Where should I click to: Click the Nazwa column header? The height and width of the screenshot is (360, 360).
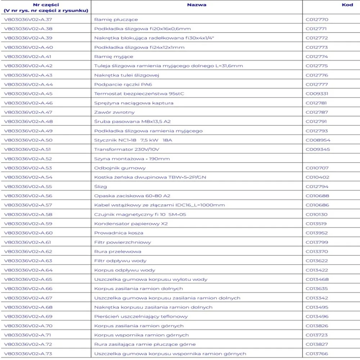pos(197,5)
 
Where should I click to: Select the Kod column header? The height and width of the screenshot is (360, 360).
pos(347,5)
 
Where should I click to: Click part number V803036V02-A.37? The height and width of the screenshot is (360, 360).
pos(28,19)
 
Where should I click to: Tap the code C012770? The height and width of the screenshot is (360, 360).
pos(317,19)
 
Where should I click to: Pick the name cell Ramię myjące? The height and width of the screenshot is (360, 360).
pos(114,57)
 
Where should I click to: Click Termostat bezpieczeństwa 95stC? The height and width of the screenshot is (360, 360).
pos(139,94)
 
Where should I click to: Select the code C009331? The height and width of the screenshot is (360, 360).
pos(317,94)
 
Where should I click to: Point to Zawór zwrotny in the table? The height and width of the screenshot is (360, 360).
pos(114,112)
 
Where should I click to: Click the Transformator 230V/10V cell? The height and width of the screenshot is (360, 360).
pos(127,149)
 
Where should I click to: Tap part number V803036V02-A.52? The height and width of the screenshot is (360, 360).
pos(28,159)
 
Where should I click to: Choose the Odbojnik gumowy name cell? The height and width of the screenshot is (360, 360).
pos(120,168)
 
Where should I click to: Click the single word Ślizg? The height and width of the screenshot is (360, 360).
pos(100,186)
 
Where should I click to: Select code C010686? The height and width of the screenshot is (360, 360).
pos(317,205)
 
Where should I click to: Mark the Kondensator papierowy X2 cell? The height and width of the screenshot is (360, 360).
pos(131,224)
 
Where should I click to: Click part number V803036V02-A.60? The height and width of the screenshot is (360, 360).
pos(28,233)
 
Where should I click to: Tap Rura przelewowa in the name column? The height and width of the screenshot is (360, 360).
pos(118,251)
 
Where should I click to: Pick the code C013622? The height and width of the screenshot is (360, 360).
pos(317,261)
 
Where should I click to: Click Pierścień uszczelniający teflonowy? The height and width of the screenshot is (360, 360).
pos(141,316)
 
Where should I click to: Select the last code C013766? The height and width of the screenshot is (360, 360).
pos(317,354)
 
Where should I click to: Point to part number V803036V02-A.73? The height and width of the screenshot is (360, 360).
pos(28,354)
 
